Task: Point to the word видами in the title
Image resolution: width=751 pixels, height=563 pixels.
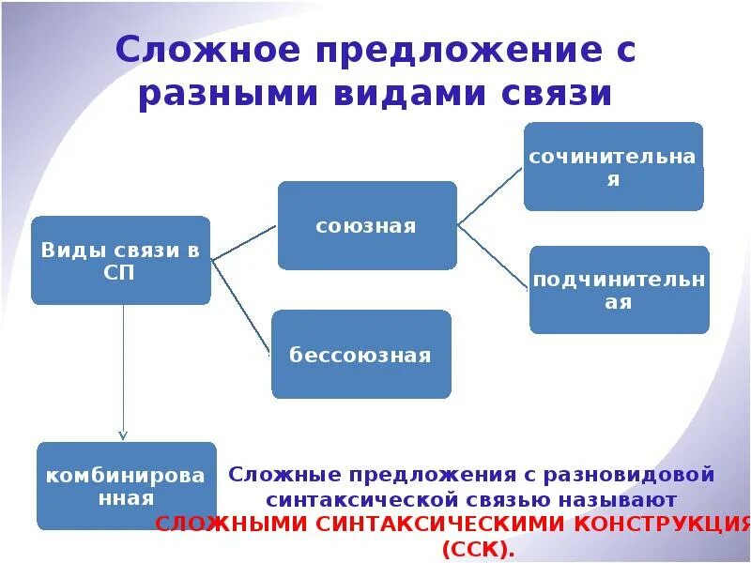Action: [398, 95]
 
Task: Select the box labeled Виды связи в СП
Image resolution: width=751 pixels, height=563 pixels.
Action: [120, 261]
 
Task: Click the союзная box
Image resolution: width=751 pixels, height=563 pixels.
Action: [367, 226]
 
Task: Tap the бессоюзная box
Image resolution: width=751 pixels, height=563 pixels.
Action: [360, 355]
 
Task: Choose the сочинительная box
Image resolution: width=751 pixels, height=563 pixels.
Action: [613, 167]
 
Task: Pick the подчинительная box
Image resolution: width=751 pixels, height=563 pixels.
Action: [619, 290]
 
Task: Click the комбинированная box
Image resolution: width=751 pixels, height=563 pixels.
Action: [126, 486]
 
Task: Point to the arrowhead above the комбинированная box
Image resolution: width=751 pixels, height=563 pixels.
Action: [123, 434]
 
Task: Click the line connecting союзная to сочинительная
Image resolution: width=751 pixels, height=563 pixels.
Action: [489, 196]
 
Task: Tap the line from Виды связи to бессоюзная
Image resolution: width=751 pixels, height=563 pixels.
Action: [242, 308]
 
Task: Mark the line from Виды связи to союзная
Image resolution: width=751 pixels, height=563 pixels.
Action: [244, 243]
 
